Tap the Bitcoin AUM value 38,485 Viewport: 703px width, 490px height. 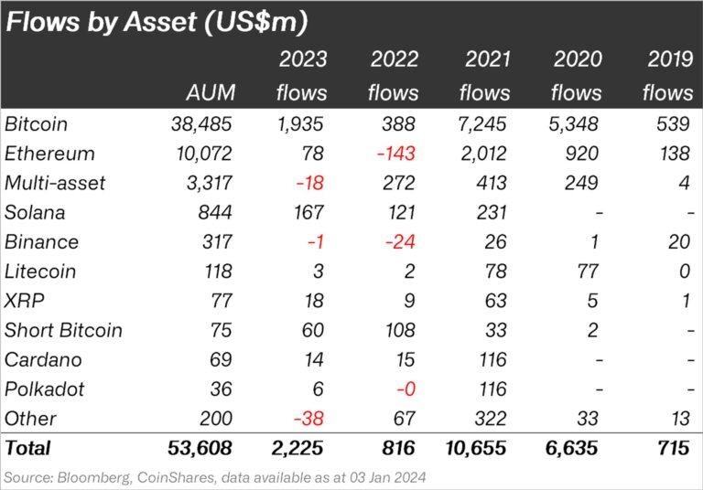pyautogui.click(x=200, y=123)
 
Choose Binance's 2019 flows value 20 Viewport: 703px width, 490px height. pyautogui.click(x=679, y=241)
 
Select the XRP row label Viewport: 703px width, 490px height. pyautogui.click(x=24, y=301)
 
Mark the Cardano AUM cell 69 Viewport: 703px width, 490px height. pyautogui.click(x=220, y=359)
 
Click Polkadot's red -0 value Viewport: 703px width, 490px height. pyautogui.click(x=405, y=389)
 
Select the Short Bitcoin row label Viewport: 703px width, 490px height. pyautogui.click(x=63, y=330)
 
